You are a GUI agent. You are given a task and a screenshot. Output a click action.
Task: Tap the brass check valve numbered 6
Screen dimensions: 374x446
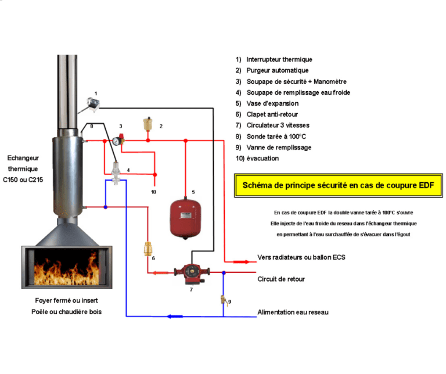pyautogui.click(x=148, y=251)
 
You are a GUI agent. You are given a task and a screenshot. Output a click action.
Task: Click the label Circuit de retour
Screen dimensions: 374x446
pyautogui.click(x=281, y=279)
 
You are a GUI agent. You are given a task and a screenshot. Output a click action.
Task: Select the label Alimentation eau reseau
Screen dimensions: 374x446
pyautogui.click(x=293, y=312)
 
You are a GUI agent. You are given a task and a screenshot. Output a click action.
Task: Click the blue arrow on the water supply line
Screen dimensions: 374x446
pyautogui.click(x=172, y=317)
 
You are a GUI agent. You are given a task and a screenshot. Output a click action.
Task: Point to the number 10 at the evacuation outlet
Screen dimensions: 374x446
pyautogui.click(x=153, y=192)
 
